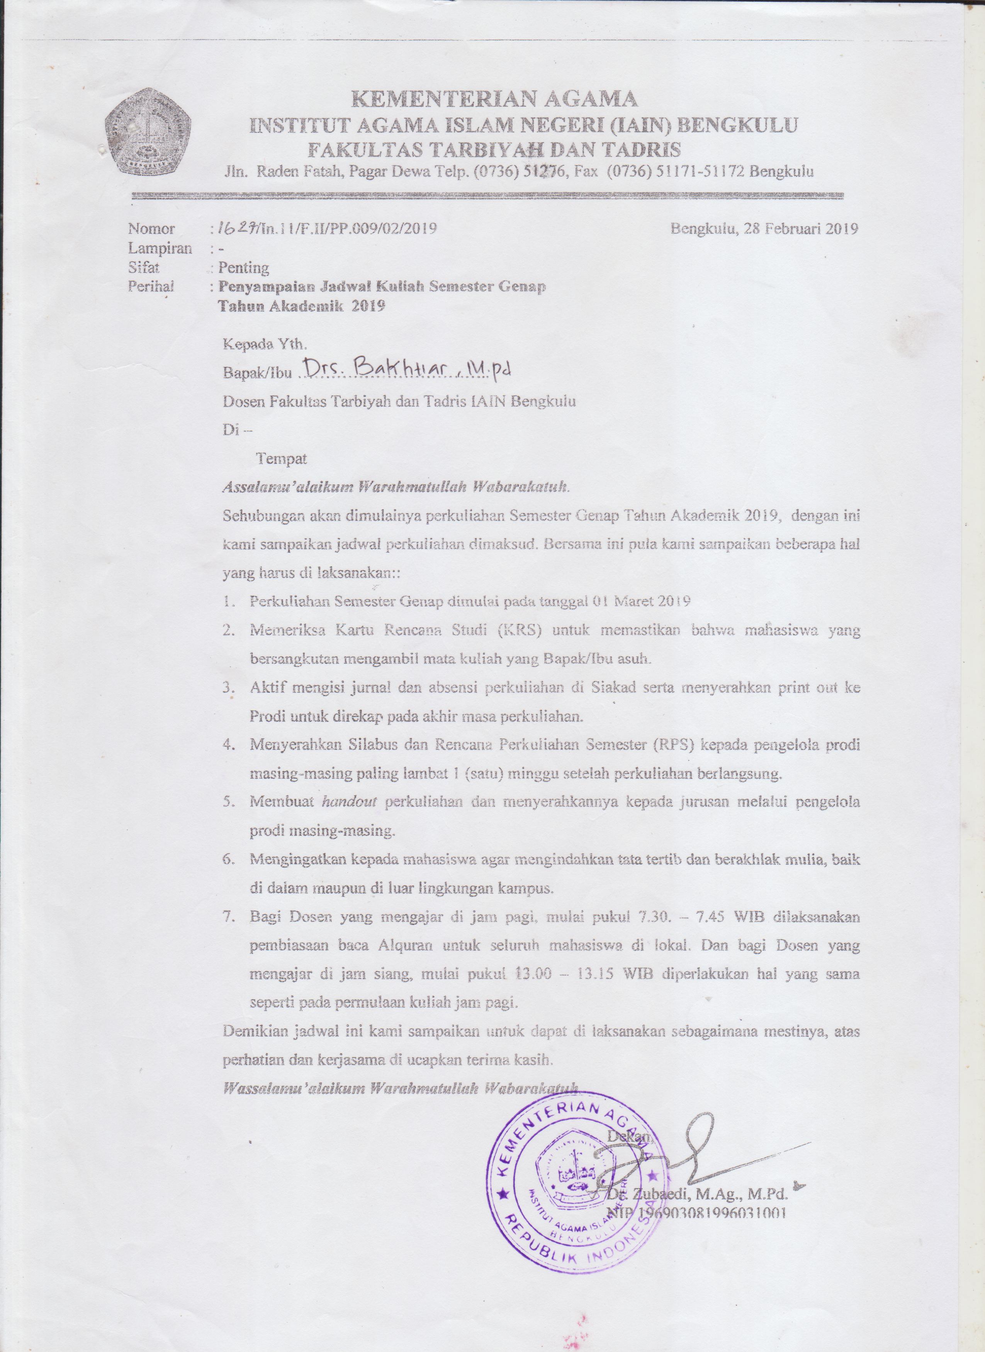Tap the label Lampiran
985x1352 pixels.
click(160, 248)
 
